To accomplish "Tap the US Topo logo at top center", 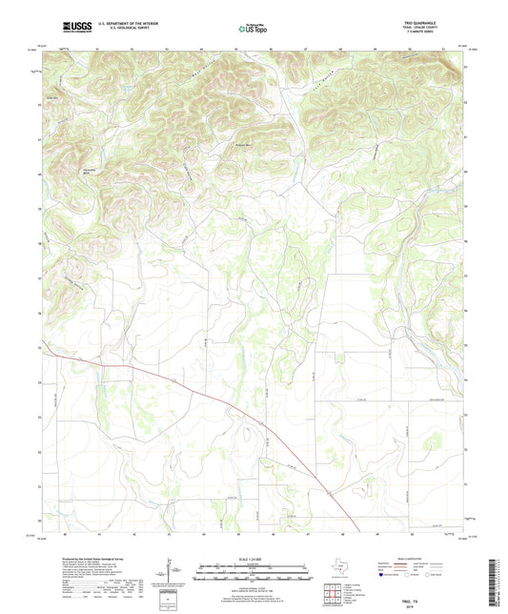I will (x=252, y=29).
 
